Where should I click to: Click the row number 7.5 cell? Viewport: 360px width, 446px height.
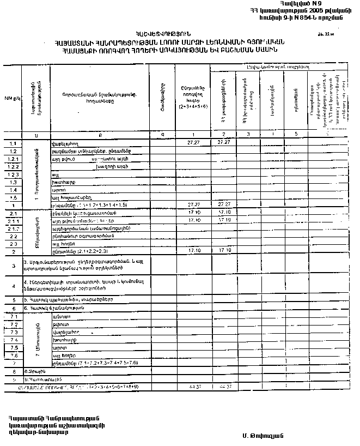(x=13, y=347)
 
